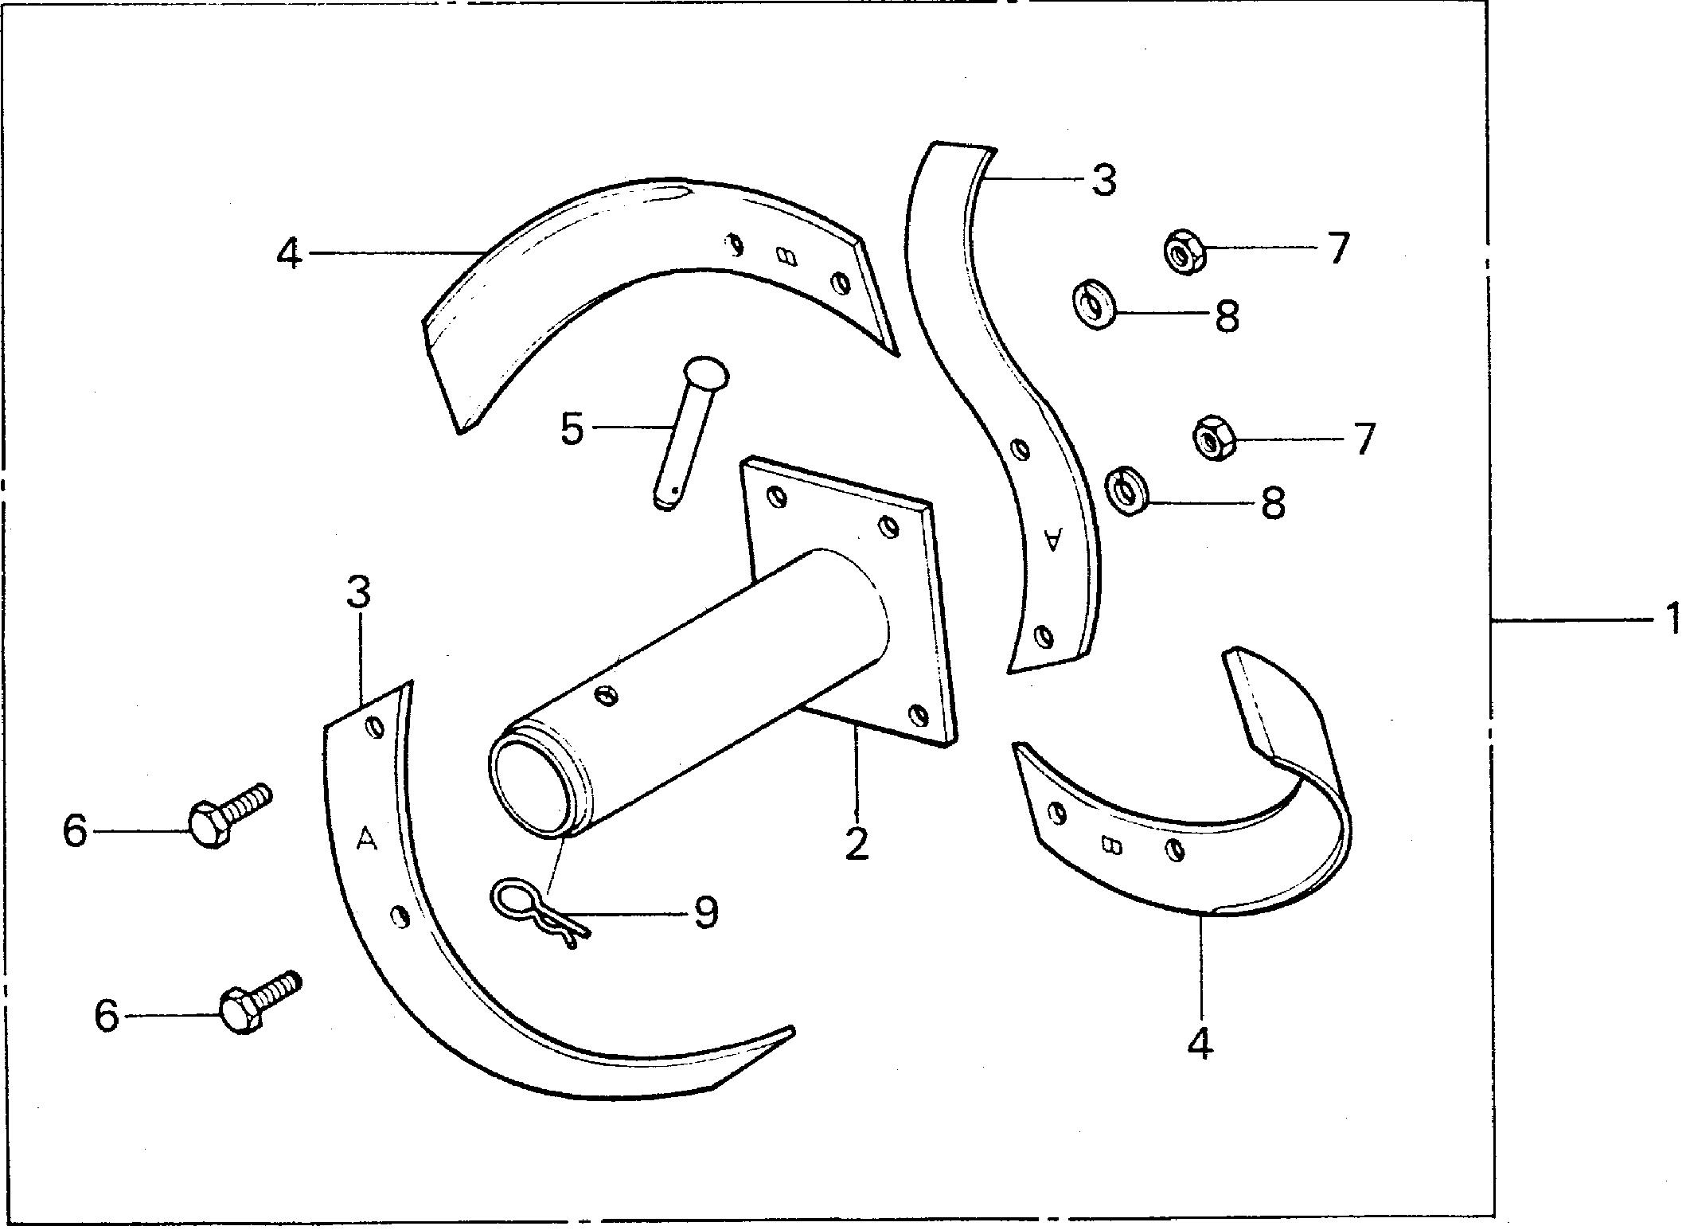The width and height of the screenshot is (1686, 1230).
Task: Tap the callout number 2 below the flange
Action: pyautogui.click(x=857, y=844)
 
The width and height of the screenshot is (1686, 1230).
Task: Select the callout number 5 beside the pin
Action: pyautogui.click(x=572, y=428)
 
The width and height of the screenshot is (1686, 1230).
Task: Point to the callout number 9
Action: pyautogui.click(x=706, y=912)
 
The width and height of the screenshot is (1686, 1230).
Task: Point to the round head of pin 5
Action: pyautogui.click(x=704, y=371)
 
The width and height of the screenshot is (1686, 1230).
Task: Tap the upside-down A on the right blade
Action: pyautogui.click(x=1053, y=539)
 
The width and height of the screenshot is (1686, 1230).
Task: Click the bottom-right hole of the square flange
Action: pyautogui.click(x=919, y=714)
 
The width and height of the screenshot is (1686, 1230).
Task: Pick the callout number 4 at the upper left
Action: pyautogui.click(x=289, y=253)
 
